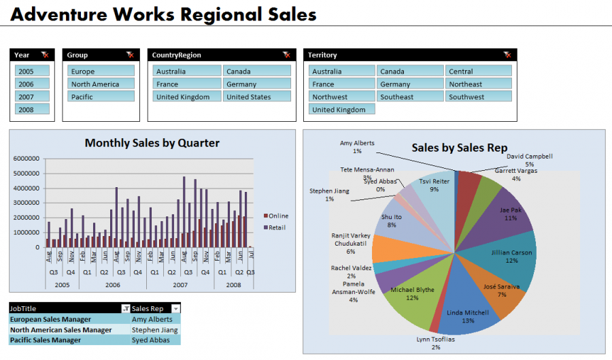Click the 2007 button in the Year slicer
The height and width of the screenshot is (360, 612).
click(x=33, y=97)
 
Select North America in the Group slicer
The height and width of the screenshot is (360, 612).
click(x=101, y=84)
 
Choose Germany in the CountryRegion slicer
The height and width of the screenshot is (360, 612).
click(x=257, y=84)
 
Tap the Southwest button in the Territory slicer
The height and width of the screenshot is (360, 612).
click(x=479, y=97)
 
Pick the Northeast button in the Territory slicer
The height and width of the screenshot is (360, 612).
click(x=479, y=84)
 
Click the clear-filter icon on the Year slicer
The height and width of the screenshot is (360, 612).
click(x=45, y=54)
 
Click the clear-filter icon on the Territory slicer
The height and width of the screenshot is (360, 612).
click(x=507, y=54)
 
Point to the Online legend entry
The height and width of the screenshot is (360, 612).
click(x=275, y=216)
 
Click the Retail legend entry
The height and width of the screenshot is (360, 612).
click(x=275, y=227)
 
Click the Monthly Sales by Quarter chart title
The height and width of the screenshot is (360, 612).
click(x=152, y=143)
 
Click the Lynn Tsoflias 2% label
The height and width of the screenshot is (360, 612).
click(x=435, y=343)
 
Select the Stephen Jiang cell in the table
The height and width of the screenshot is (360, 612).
click(x=155, y=330)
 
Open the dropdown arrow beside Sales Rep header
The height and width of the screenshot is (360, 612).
click(x=176, y=309)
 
